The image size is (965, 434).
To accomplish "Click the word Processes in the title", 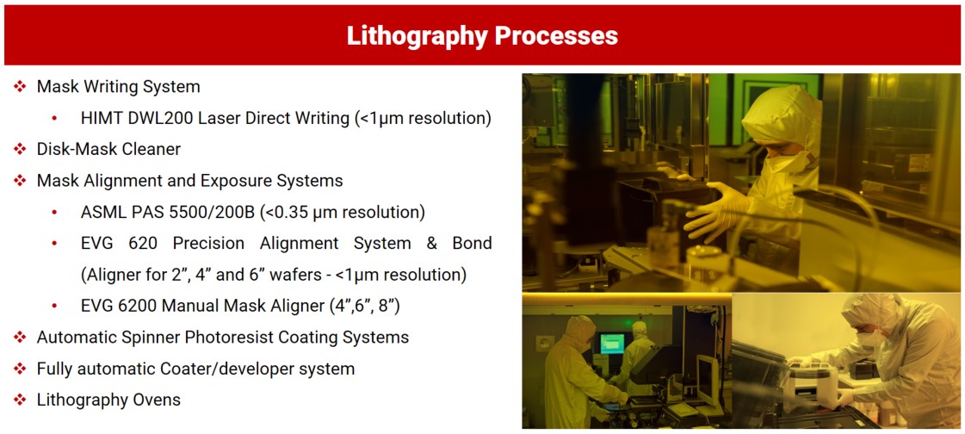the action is coord(557,35).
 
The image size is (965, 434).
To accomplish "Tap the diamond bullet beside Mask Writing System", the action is coord(21,87).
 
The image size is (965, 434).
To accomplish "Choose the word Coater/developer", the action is coord(202,369).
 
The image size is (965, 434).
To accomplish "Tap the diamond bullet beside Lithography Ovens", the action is coord(21,400).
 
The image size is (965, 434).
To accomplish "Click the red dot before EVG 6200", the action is coord(55,306).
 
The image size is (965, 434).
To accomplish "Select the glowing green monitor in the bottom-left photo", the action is coord(612,343).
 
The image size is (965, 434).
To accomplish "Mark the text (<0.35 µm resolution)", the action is coord(343,213).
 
